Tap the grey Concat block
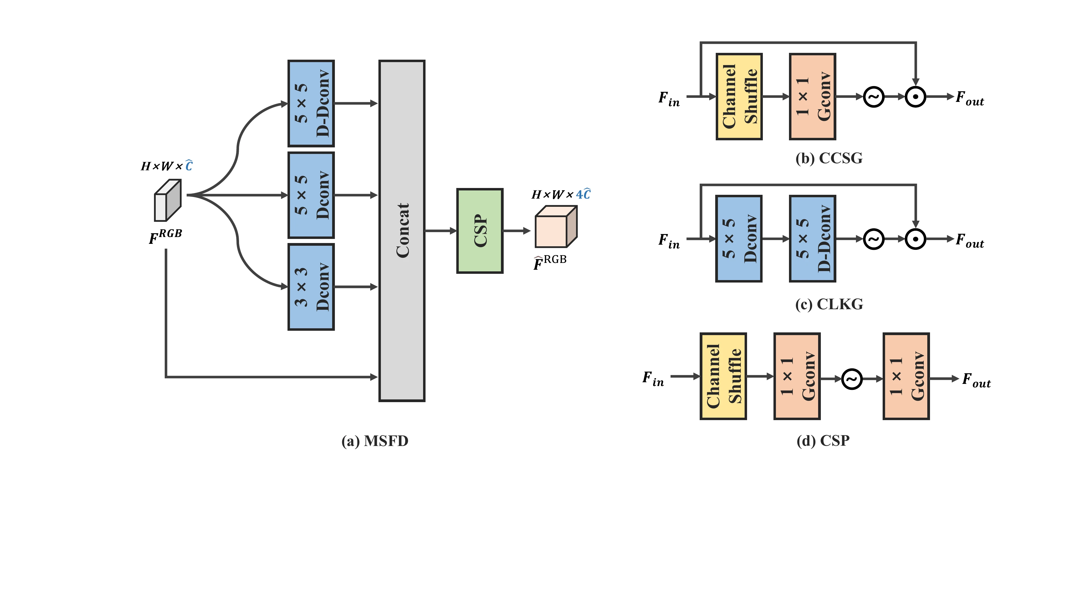402,230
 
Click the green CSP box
479,230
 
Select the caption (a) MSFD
375,441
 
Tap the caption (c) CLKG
828,304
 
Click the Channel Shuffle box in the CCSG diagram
739,96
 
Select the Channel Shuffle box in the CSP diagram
723,376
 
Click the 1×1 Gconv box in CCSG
812,96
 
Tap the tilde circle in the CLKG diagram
873,239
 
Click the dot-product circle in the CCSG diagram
915,97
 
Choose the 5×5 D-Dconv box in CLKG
812,239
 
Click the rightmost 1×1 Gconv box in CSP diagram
906,376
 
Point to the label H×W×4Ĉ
561,195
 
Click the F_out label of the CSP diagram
976,380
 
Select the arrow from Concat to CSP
441,231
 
